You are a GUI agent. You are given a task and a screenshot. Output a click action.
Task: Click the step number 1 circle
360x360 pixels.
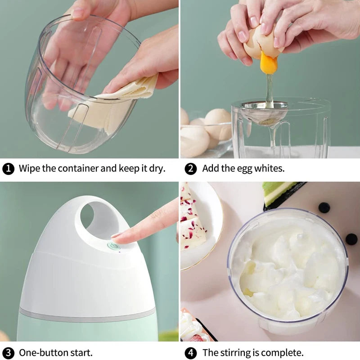8,169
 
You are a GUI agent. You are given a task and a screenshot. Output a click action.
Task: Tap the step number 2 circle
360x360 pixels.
191,169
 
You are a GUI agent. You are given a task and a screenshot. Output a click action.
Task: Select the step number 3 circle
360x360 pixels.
8,352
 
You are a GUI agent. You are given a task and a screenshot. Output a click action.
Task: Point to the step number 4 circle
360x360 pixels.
191,352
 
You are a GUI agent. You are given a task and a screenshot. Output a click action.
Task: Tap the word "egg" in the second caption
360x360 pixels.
245,170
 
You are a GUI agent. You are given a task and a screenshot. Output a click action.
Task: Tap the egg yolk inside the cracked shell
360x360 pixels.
269,63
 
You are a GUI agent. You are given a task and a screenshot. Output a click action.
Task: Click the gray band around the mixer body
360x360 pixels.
85,314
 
